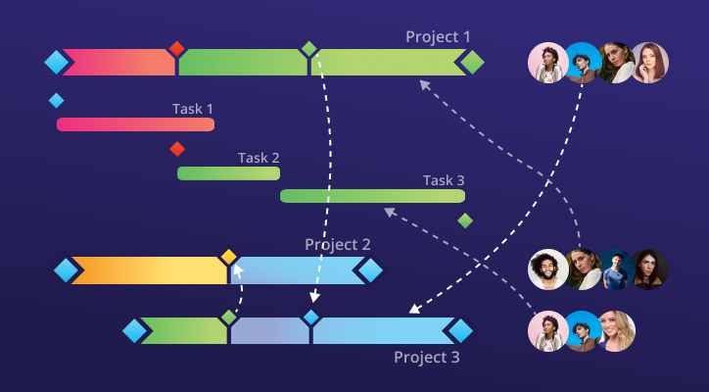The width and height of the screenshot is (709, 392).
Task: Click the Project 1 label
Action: tap(438, 37)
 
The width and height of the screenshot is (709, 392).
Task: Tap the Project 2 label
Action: tap(337, 244)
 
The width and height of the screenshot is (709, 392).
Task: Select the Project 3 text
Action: tap(426, 357)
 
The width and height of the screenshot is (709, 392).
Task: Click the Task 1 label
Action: tap(193, 109)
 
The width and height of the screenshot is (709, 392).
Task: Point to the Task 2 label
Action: tap(259, 158)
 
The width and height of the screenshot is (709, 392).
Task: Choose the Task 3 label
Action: tap(444, 180)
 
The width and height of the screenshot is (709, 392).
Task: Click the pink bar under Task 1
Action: tap(135, 124)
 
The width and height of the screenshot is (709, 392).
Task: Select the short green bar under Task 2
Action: tap(228, 173)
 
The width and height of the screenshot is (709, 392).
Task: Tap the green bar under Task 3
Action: tap(372, 196)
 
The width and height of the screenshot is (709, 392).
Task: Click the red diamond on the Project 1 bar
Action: tap(176, 49)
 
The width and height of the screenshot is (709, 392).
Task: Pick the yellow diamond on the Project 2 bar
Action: tap(228, 257)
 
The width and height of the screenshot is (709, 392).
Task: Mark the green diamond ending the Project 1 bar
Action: tap(472, 63)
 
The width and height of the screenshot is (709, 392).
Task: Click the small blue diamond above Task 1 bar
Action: tap(56, 100)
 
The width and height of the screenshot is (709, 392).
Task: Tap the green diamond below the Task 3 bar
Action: tap(465, 220)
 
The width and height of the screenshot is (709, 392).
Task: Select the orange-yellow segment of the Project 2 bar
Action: tap(147, 270)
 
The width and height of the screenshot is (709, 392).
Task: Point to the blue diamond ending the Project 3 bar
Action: tap(459, 331)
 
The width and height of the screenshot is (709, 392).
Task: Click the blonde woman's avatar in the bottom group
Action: tap(616, 331)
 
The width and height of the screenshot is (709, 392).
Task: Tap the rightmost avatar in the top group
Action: tap(648, 63)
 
